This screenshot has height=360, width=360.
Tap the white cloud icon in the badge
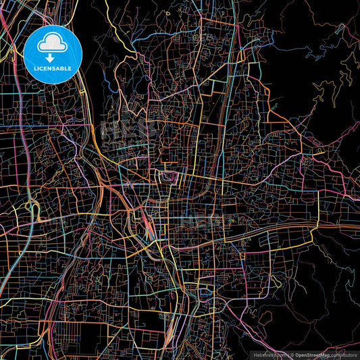[x=53, y=45]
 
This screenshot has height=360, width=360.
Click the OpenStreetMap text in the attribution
[x=309, y=354]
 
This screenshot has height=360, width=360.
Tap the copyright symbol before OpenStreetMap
[x=287, y=354]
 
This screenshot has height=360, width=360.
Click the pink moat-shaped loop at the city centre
[x=169, y=177]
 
